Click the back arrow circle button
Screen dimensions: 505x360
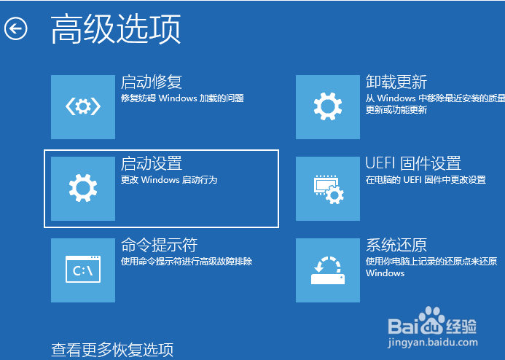16,28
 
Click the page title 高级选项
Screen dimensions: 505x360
116,29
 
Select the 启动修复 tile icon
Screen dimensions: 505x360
83,107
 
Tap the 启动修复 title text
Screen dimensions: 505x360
152,82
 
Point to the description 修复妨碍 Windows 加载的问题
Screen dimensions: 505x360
182,98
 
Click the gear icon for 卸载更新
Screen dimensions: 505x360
328,107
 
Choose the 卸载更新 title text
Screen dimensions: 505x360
396,82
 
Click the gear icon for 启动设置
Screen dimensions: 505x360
83,188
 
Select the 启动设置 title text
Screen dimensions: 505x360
152,163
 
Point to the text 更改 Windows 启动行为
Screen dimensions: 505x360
169,180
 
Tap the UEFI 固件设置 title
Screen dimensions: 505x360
413,163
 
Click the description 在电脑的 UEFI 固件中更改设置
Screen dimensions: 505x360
426,180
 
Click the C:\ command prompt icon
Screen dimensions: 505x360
83,270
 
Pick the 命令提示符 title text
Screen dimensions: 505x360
159,245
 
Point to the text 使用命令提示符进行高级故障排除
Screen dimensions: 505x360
187,261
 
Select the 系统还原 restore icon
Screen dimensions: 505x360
328,270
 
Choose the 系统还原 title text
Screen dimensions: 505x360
396,245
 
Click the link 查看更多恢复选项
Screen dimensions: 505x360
112,350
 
